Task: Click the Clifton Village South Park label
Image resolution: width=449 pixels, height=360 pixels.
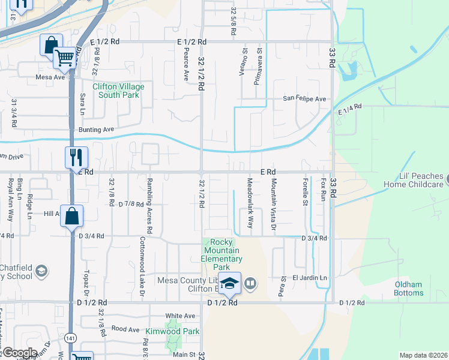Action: point(118,91)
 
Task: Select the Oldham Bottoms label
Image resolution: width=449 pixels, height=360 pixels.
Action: point(409,289)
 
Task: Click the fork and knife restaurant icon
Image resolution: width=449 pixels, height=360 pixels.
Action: point(76,157)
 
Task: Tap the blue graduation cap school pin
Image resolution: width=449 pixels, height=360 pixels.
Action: point(229,283)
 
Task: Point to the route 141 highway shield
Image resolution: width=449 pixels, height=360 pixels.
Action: point(71,339)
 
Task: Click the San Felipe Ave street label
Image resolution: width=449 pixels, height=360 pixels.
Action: point(304,99)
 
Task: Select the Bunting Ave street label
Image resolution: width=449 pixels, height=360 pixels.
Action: point(96,130)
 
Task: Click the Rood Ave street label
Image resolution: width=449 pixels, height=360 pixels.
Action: point(125,329)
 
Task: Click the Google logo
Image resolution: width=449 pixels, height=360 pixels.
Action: point(20,353)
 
